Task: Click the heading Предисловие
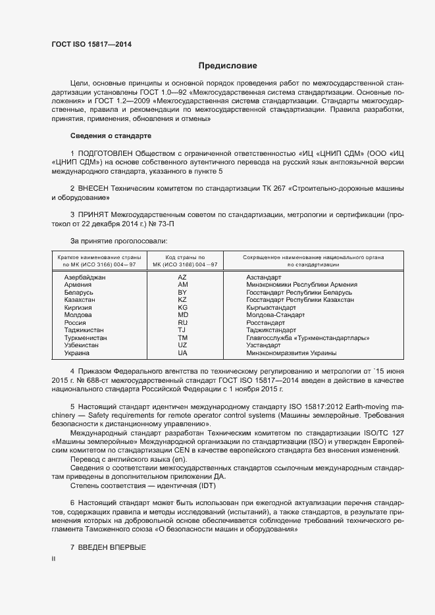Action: tap(228, 66)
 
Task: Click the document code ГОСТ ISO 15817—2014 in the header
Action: tap(91, 44)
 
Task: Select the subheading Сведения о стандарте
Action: tap(111, 136)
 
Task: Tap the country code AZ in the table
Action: tap(183, 278)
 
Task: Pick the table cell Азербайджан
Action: tap(85, 278)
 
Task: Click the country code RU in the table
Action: tap(183, 323)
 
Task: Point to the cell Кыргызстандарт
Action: tap(271, 308)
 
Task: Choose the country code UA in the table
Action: tap(183, 353)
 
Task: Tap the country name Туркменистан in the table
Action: tap(86, 338)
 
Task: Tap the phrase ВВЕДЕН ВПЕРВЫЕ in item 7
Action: tap(112, 548)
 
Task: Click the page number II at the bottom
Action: tap(54, 558)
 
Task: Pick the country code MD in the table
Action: tap(183, 315)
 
